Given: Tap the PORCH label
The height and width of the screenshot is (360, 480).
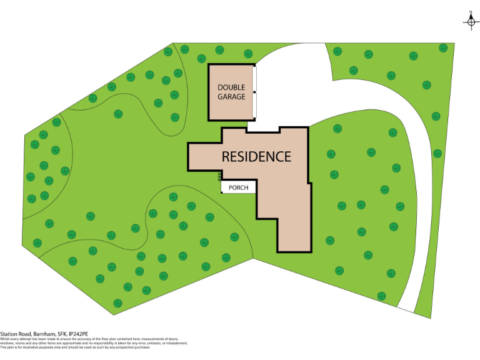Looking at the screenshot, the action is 238,187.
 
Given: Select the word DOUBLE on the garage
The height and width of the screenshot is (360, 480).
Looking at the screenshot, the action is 231,87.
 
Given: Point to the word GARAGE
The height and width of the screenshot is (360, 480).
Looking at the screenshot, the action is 231,97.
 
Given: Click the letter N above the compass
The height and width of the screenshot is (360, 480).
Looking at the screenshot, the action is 471,12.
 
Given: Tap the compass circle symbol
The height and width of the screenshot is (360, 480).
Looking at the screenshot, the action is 471,22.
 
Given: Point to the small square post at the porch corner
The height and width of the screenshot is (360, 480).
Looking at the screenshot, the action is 222,192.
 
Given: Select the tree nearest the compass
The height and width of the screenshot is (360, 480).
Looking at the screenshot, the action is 443,47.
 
